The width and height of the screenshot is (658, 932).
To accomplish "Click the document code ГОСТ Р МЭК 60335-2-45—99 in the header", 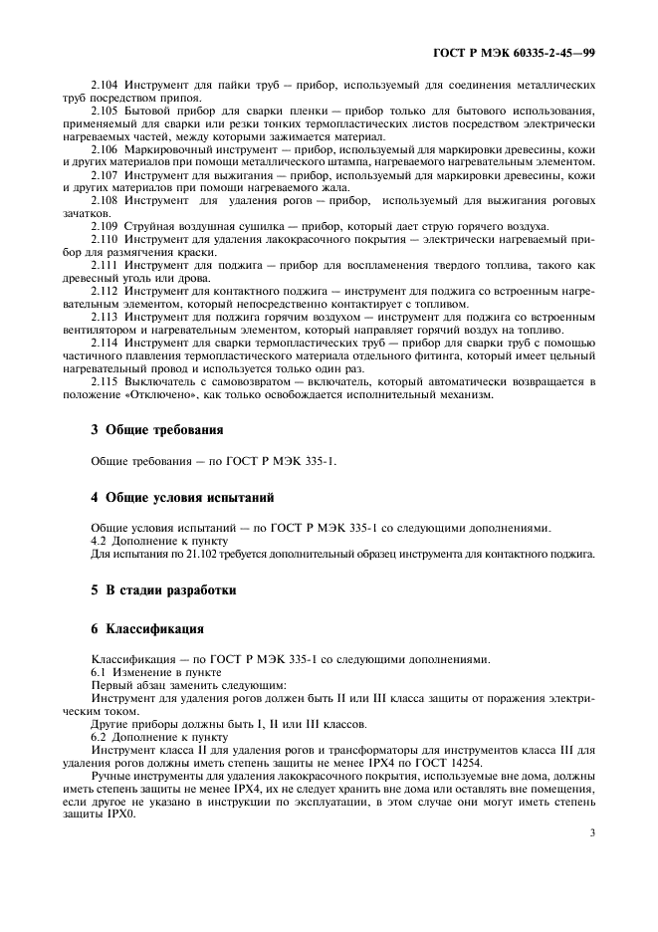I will [x=530, y=51].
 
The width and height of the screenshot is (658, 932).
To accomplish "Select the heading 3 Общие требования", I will [x=157, y=430].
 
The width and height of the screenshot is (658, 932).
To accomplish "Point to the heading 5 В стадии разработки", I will [x=163, y=589].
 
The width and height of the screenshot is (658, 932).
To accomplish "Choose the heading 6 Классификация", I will [x=147, y=628].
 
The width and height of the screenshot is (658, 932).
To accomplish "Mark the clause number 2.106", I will [x=105, y=149].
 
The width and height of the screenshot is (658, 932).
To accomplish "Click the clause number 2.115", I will [x=105, y=381].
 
